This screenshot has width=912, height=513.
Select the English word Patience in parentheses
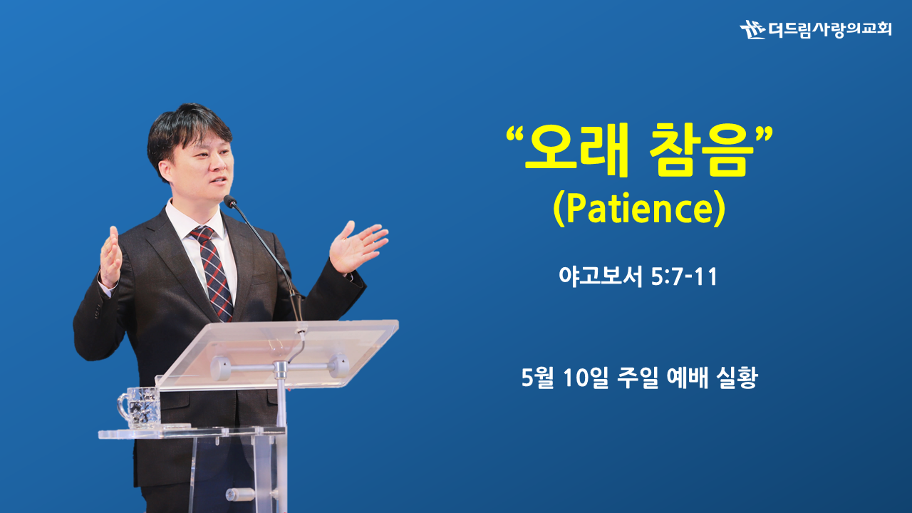[x=639, y=209]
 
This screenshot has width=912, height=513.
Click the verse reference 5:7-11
[x=684, y=277]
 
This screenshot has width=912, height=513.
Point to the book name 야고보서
[x=601, y=277]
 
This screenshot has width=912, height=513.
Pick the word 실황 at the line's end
[x=737, y=378]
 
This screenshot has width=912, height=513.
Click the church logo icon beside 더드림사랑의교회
[x=752, y=30]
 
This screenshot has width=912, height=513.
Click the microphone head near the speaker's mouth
[x=229, y=201]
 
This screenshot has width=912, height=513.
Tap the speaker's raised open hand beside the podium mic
[x=358, y=246]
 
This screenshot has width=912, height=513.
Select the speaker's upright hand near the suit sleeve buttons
[x=110, y=256]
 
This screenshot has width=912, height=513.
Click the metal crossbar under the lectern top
[x=280, y=367]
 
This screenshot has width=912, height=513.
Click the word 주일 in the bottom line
[x=637, y=378]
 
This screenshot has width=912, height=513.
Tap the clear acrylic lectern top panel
[x=277, y=353]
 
